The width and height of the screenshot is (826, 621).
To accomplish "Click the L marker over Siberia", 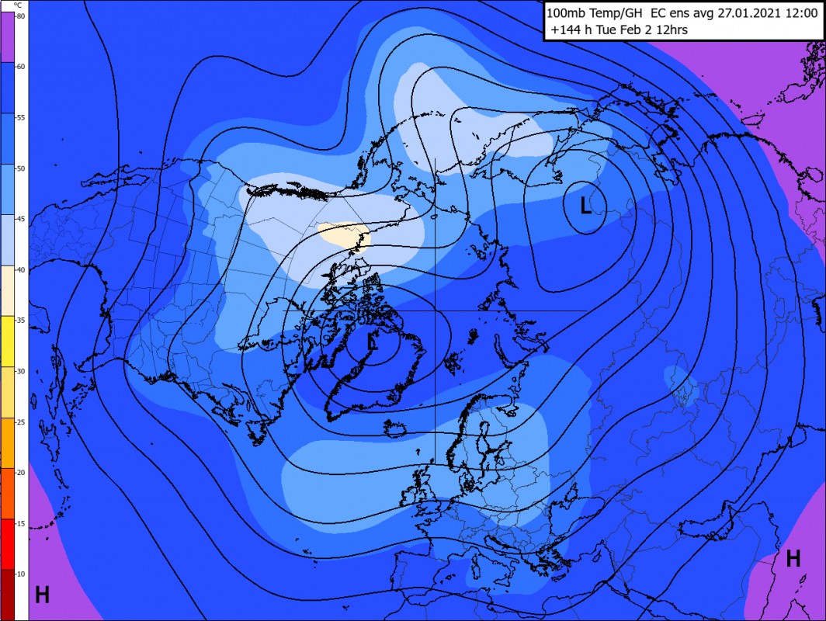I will pyautogui.click(x=586, y=205).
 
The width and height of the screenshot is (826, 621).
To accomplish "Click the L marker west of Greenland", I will pyautogui.click(x=373, y=342).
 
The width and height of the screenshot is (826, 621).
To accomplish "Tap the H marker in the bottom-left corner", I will pyautogui.click(x=42, y=595).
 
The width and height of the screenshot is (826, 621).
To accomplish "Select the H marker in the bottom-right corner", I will pyautogui.click(x=793, y=558).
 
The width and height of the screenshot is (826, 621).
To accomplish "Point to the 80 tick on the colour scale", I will pyautogui.click(x=21, y=16).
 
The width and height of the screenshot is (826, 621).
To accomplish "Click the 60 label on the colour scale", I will pyautogui.click(x=21, y=67).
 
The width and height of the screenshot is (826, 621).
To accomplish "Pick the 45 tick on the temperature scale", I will pyautogui.click(x=21, y=219).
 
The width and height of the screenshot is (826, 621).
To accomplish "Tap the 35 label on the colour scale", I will pyautogui.click(x=21, y=321).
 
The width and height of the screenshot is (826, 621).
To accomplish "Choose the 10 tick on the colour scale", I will pyautogui.click(x=21, y=574).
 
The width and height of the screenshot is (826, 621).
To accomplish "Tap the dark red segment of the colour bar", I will pyautogui.click(x=13, y=595).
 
